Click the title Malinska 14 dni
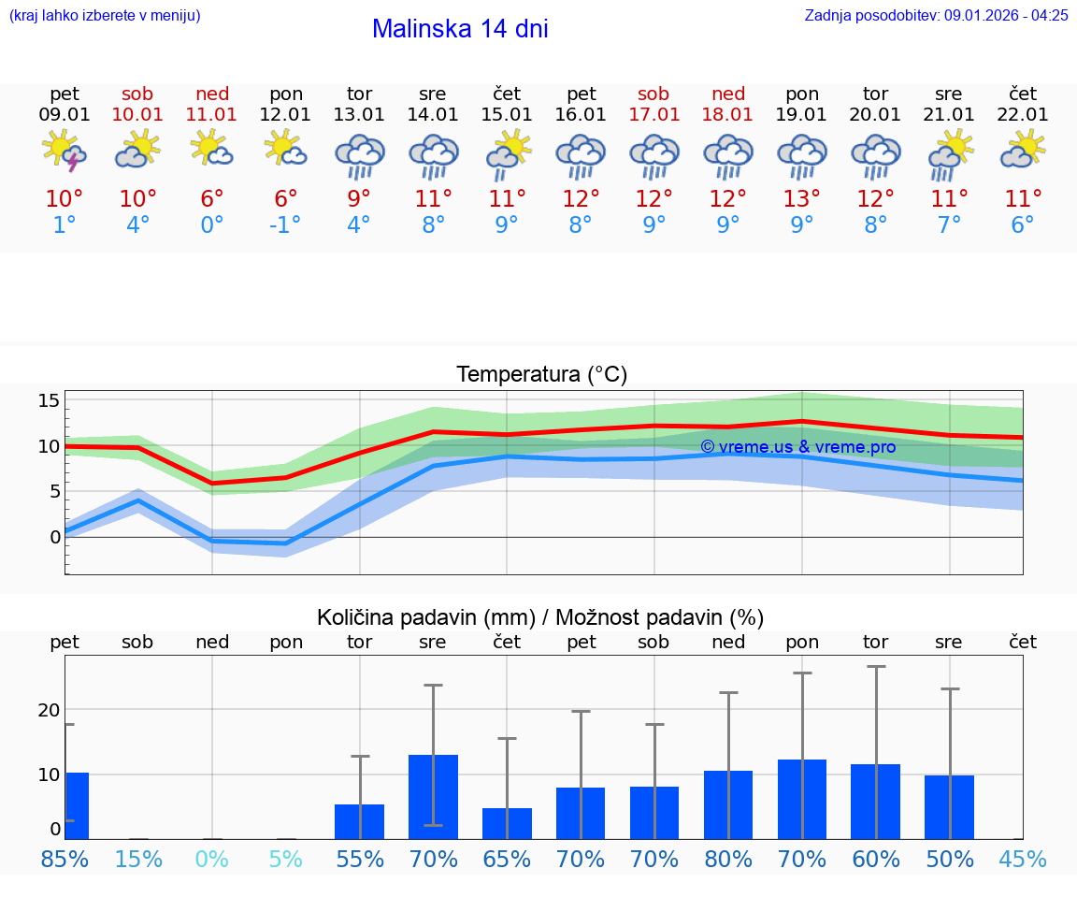tap(460, 29)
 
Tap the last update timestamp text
tap(936, 15)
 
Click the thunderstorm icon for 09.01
tap(65, 152)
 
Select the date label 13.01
tap(359, 115)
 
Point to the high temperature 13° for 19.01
tap(801, 199)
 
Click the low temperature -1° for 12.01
tap(285, 225)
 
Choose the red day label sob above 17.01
tap(653, 94)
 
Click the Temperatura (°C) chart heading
tap(541, 375)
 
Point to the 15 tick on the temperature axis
tap(49, 400)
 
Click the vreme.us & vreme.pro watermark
tap(797, 447)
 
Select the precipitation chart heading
tap(540, 617)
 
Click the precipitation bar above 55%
tap(359, 821)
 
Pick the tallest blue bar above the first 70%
tap(433, 797)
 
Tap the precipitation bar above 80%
tap(727, 804)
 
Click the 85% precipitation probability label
tap(65, 859)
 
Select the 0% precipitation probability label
tap(212, 859)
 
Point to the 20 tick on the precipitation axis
tap(49, 709)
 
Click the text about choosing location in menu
tap(105, 15)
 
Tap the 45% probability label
tap(1023, 859)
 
